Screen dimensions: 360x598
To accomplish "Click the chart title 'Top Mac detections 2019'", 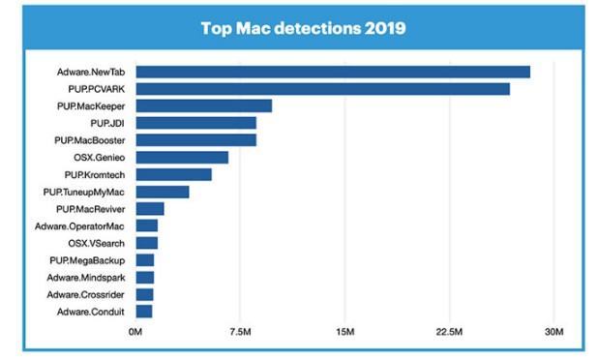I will [302, 27].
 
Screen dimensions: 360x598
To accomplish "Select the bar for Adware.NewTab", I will [333, 72].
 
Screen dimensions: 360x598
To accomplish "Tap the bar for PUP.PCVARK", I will [322, 89].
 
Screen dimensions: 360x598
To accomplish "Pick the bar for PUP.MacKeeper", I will [203, 105].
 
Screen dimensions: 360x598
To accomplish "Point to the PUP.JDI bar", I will [195, 123].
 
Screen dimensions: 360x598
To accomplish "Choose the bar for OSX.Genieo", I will [182, 157].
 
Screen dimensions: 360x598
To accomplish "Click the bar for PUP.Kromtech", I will [173, 174].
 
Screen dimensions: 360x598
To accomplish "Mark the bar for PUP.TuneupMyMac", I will [162, 192].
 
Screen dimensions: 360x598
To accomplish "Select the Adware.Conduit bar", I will [143, 311].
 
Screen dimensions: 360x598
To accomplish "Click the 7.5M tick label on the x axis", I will [240, 334].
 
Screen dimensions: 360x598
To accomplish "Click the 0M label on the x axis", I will [135, 334].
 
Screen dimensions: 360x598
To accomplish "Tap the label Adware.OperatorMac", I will [84, 225].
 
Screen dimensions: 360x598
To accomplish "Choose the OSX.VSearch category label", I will [99, 243].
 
